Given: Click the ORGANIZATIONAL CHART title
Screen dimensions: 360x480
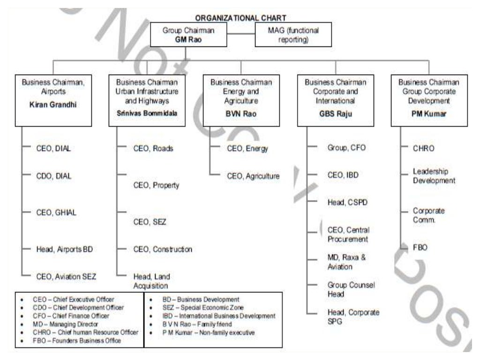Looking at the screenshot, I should (240, 18).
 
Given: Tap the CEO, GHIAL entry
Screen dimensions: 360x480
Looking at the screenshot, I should (56, 212).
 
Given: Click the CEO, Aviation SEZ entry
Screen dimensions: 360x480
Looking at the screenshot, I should (66, 276).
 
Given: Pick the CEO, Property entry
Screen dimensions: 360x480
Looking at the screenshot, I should (156, 185).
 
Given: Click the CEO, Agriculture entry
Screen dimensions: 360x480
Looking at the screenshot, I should (253, 176).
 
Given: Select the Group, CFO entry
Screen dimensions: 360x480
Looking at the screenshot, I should (346, 148).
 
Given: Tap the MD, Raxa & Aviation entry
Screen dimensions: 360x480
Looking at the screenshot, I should (346, 262).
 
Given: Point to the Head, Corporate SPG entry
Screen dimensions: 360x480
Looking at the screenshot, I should (353, 317).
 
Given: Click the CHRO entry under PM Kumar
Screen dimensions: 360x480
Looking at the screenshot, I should (423, 148).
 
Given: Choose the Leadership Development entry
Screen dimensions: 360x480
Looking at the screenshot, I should (434, 176).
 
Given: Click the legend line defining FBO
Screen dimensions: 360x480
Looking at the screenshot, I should (77, 341).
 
